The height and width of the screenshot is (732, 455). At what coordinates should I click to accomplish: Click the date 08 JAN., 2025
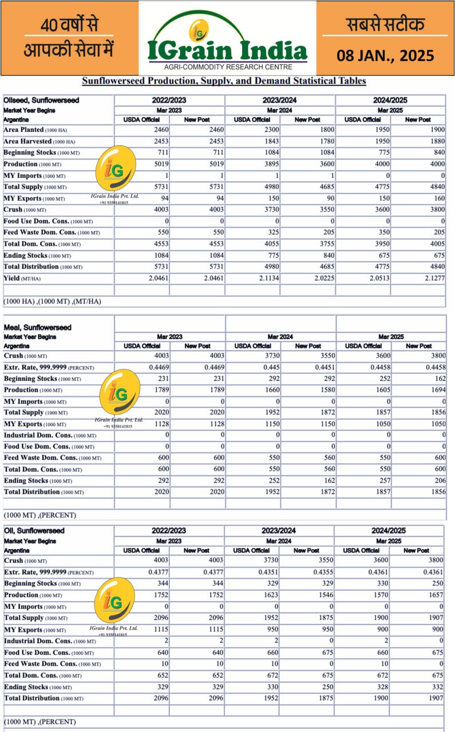point(385,55)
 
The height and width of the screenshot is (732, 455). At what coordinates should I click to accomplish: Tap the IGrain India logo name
point(227,51)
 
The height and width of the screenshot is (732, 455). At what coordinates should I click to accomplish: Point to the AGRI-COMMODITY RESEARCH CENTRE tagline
point(228,67)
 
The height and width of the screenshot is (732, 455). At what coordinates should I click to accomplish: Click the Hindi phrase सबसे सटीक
point(385,24)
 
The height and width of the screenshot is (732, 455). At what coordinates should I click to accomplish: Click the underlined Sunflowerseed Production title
point(224,81)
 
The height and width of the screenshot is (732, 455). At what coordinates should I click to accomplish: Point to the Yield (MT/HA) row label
point(25,279)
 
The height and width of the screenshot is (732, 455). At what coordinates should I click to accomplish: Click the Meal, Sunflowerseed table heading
point(37,328)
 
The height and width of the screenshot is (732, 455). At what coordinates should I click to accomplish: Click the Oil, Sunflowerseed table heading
point(34,531)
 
